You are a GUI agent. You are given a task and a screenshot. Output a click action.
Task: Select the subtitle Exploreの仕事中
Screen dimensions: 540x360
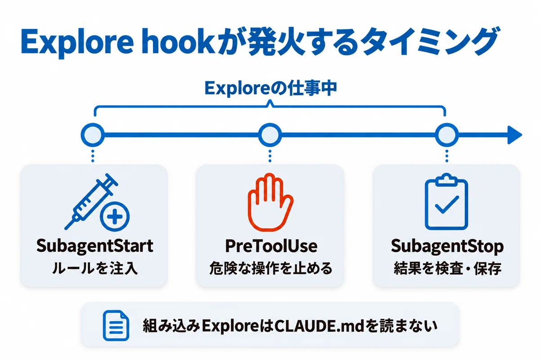click(x=270, y=89)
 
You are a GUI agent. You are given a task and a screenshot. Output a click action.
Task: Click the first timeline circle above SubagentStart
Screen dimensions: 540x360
click(x=93, y=135)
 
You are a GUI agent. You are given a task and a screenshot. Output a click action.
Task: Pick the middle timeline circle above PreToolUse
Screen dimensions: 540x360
click(x=270, y=135)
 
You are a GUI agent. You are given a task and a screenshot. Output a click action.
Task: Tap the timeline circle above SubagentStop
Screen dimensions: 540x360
click(x=447, y=135)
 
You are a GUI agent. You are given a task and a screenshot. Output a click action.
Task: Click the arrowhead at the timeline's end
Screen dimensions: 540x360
click(x=515, y=135)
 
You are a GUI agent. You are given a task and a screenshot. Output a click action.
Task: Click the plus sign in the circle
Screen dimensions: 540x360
click(x=115, y=216)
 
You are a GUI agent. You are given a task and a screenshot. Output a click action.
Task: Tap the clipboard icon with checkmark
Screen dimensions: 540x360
click(x=446, y=202)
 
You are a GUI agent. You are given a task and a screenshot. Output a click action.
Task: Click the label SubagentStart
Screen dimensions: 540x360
click(x=95, y=246)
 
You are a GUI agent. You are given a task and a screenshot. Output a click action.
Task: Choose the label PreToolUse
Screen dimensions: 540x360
click(x=271, y=246)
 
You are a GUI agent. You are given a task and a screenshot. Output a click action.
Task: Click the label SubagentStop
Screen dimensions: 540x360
click(x=447, y=247)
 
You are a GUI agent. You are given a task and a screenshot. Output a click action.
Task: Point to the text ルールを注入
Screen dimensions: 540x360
click(x=95, y=268)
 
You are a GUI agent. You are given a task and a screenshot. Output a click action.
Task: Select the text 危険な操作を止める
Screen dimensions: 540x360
click(x=271, y=268)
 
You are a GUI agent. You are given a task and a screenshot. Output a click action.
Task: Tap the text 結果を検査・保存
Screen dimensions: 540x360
click(x=448, y=268)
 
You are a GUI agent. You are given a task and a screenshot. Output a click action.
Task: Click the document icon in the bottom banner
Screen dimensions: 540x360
click(x=116, y=325)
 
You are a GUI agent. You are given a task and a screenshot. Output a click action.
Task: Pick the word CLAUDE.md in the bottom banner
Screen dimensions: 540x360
click(x=319, y=326)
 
